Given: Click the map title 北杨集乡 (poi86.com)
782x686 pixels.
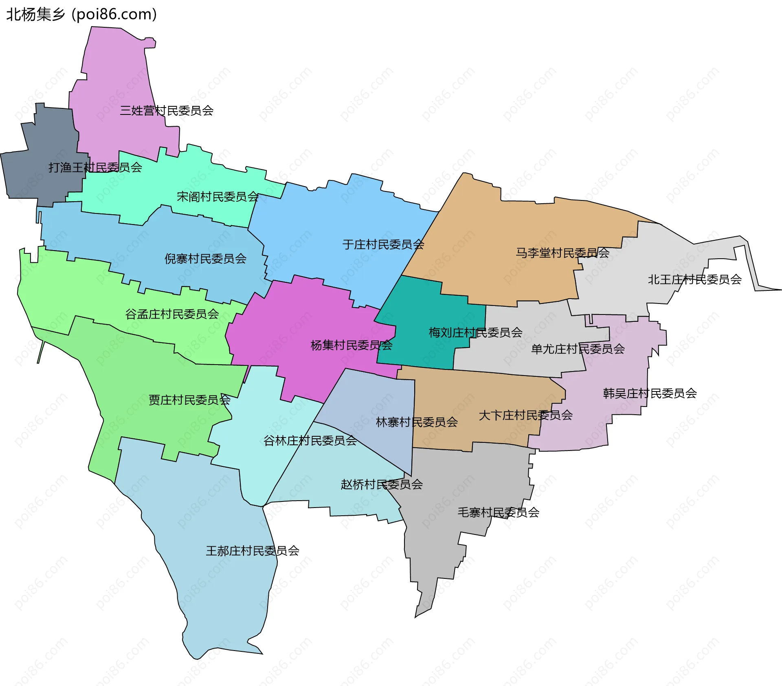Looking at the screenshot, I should coord(81,14).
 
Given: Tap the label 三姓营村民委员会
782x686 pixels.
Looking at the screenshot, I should coord(167,110).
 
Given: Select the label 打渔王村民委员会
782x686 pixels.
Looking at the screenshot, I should coord(95,167).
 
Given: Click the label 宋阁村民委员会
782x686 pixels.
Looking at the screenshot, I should coord(217,197).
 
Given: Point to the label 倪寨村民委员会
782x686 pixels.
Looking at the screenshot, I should coord(205,258).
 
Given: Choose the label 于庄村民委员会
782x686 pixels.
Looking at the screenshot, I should coord(383,244).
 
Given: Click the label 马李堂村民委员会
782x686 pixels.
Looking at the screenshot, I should coord(562,253).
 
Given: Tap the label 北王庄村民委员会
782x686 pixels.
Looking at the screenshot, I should coord(694,279).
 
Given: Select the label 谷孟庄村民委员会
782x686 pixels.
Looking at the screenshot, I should coord(172,314).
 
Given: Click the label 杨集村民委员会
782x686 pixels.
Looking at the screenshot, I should coord(351,345).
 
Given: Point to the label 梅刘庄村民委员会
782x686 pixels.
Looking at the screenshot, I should coord(475,332).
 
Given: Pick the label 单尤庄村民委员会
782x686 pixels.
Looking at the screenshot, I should coord(578,349).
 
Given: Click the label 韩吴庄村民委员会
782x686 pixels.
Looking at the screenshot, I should coord(650,393).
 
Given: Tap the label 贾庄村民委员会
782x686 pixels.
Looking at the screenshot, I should coord(189,400).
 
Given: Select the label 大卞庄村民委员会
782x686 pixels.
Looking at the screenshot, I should coord(525,415).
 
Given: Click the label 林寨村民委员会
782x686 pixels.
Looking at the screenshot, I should coord(417,422).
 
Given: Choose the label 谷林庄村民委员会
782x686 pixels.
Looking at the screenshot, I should coord(310,440).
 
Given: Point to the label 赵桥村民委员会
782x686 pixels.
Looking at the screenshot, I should coord(382,484).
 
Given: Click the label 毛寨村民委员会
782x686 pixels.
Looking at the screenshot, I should coord(498,512).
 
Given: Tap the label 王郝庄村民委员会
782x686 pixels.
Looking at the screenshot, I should coord(253,551).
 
